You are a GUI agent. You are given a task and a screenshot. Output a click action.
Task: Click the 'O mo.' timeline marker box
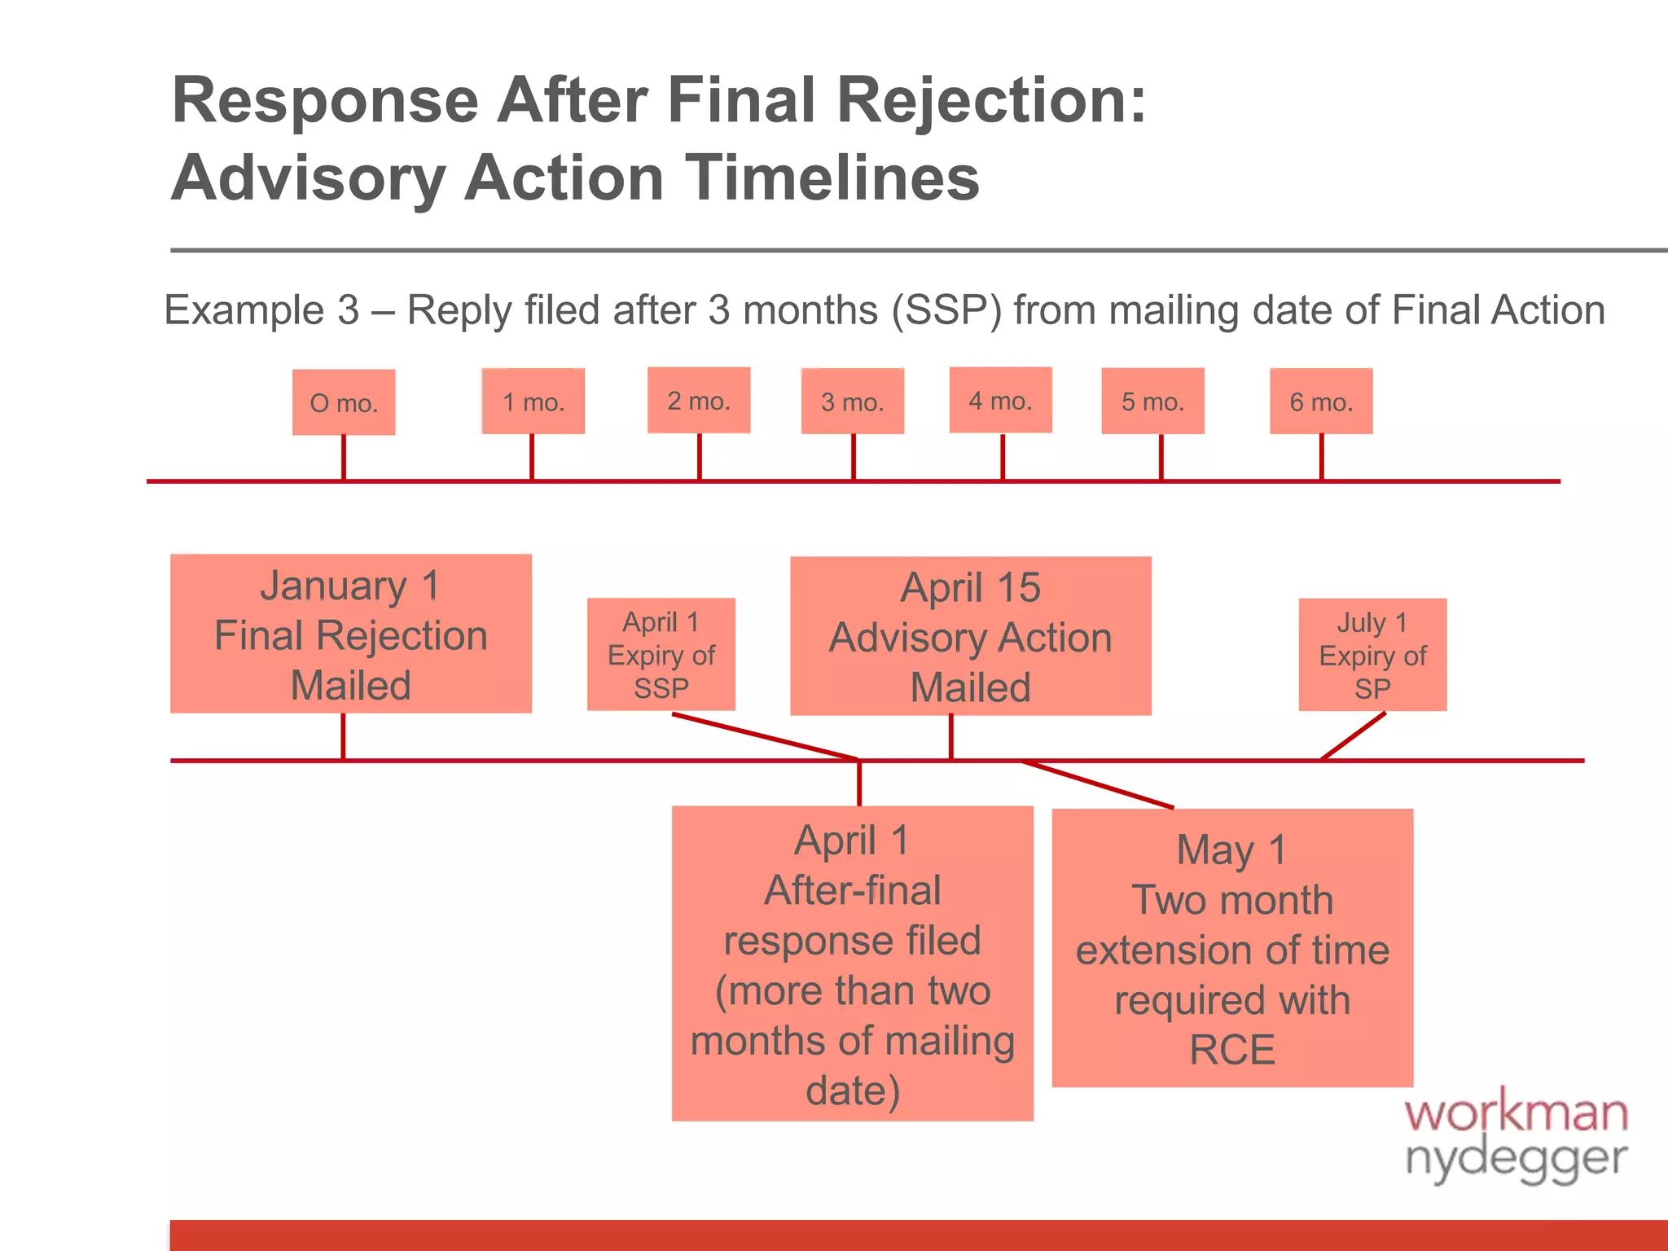pos(344,402)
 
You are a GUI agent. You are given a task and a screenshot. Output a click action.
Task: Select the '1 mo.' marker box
pos(533,402)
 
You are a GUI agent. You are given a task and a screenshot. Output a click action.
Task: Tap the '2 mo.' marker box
pos(699,400)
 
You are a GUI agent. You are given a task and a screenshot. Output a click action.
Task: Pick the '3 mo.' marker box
pos(853,402)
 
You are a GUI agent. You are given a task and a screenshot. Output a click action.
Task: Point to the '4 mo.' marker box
pos(1001,400)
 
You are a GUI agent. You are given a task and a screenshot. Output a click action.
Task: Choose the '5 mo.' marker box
pos(1152,402)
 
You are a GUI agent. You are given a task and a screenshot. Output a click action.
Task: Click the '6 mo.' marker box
pos(1321,402)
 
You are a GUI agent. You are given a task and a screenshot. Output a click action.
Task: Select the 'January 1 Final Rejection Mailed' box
pos(351,634)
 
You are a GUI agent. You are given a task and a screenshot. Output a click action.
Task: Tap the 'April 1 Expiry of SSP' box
pos(661,655)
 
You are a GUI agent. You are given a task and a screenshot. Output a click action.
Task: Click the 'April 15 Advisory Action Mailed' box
pos(971,636)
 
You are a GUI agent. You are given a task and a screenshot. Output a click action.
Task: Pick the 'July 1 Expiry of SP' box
pos(1372,655)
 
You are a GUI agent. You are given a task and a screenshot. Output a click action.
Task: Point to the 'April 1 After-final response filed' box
pos(853,963)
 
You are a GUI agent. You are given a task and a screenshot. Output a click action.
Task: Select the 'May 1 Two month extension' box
pos(1232,948)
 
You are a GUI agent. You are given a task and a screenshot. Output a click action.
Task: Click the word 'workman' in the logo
pos(1516,1113)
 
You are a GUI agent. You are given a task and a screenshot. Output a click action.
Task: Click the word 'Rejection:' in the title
pos(991,101)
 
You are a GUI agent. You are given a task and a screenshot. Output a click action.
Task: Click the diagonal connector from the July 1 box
pos(1354,735)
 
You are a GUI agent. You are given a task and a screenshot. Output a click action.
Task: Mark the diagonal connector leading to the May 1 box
pos(1098,784)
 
